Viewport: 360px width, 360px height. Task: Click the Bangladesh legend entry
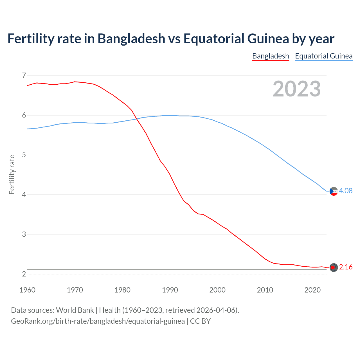click(x=270, y=56)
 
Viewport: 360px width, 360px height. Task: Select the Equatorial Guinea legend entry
click(x=323, y=56)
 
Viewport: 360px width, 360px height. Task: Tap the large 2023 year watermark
click(x=296, y=89)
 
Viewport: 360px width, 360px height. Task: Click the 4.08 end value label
click(x=346, y=191)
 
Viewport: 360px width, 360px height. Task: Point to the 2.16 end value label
click(x=346, y=267)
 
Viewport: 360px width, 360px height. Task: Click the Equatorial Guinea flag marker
click(x=334, y=191)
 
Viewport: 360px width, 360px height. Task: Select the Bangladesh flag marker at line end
click(x=334, y=267)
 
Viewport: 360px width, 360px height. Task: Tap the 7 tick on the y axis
click(x=24, y=75)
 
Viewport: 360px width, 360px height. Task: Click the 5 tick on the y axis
click(x=24, y=155)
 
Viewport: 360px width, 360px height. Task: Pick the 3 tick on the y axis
click(x=24, y=234)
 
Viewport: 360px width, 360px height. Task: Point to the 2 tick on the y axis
click(x=24, y=274)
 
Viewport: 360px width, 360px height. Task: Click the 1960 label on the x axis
click(x=27, y=290)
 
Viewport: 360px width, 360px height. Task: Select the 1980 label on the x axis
click(x=122, y=290)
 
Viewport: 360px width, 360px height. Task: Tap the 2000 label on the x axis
click(x=217, y=290)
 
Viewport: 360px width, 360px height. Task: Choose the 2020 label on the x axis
click(x=312, y=290)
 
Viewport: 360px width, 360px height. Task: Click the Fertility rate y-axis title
click(x=12, y=174)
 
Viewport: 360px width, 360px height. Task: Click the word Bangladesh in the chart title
click(x=131, y=39)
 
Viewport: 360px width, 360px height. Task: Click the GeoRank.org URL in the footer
click(x=98, y=321)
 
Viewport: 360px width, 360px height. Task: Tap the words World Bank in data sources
click(x=75, y=310)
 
